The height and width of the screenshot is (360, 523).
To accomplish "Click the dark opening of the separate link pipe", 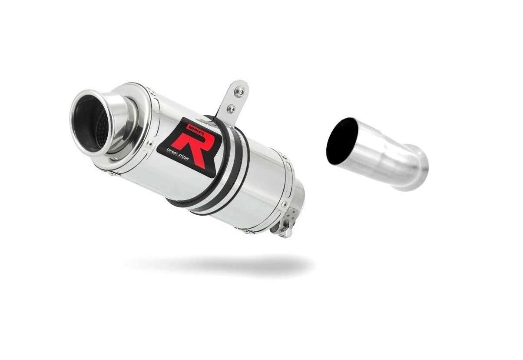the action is click(x=341, y=138).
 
